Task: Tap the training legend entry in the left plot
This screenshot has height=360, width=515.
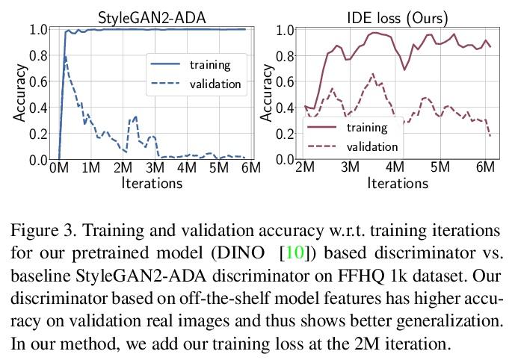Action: click(x=209, y=64)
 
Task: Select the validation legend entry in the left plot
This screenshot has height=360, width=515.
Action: click(x=215, y=84)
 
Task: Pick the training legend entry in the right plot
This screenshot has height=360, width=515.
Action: click(x=367, y=127)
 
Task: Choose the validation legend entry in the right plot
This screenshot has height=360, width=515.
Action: click(x=372, y=146)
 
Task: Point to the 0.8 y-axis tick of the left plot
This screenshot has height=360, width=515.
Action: click(x=39, y=55)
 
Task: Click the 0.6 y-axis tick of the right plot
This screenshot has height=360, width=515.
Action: click(x=284, y=75)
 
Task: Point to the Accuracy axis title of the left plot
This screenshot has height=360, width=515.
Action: click(x=20, y=93)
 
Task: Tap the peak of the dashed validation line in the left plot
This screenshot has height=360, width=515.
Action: click(x=66, y=57)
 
